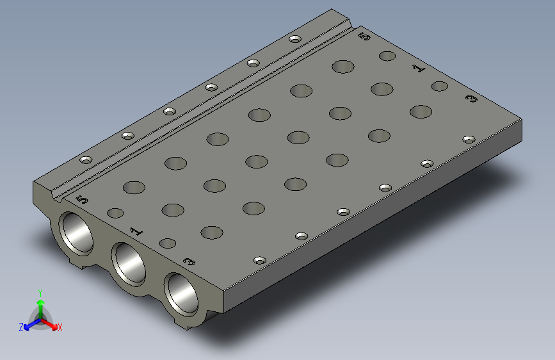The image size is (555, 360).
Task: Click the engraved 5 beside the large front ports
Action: coord(82,199)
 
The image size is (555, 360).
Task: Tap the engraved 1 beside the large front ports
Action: coord(136,231)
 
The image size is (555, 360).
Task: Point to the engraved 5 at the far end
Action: coord(364,37)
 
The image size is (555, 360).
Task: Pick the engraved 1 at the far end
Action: coord(419,67)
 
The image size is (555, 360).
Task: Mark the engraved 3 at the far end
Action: coord(472,99)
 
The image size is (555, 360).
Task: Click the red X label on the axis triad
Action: coord(60,327)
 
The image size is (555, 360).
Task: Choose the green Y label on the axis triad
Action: coord(40,292)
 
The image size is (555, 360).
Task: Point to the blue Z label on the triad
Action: coord(21,327)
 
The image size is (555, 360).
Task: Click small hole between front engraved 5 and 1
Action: coord(115,213)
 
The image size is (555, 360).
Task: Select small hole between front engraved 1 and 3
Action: coord(168,243)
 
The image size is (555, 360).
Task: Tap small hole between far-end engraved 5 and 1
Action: coord(387,56)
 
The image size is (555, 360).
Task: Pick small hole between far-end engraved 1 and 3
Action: coord(439,86)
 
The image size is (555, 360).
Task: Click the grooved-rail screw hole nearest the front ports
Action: coord(86,160)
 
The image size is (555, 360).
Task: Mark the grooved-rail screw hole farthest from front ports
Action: coord(294,39)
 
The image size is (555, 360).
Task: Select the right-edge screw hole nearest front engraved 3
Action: coord(260,260)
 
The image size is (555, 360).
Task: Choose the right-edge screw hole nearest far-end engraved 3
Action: coord(469,139)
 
